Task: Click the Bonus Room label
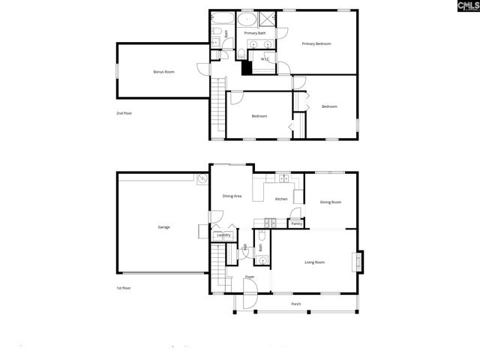[x=163, y=72]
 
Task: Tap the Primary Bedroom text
[x=316, y=44]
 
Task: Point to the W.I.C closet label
[x=265, y=59]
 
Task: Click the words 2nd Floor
[x=124, y=113]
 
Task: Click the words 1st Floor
[x=124, y=288]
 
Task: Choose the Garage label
[x=163, y=226]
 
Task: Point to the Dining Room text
[x=331, y=202]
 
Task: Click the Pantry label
[x=296, y=223]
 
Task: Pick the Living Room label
[x=314, y=262]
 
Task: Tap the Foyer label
[x=250, y=277]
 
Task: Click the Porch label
[x=296, y=304]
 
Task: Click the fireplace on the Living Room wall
[x=358, y=262]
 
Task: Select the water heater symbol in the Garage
[x=201, y=180]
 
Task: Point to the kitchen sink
[x=283, y=178]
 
